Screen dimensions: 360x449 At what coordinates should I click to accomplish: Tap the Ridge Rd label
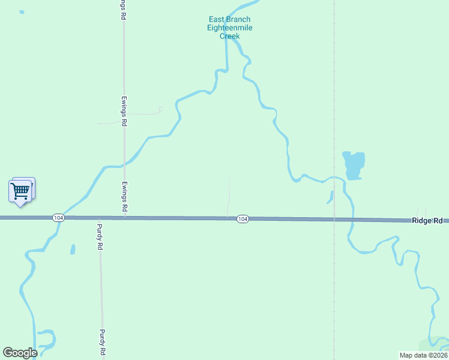click(427, 221)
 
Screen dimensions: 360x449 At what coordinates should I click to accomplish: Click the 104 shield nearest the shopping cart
click(58, 218)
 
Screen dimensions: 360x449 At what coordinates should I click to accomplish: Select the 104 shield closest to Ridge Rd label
click(242, 220)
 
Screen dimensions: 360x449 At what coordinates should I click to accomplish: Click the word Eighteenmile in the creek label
click(229, 28)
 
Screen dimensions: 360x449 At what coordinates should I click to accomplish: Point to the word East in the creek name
click(217, 19)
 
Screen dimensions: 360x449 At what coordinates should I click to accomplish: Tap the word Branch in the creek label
click(238, 19)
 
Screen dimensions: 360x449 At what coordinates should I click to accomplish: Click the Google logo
click(20, 353)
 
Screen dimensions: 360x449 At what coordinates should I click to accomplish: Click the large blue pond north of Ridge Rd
click(354, 164)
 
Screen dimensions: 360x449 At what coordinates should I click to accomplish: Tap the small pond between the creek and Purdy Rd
click(73, 248)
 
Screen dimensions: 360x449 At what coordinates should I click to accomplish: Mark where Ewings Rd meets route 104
click(125, 217)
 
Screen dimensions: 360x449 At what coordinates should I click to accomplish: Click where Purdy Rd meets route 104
click(99, 218)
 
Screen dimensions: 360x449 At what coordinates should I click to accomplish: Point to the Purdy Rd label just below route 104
click(101, 237)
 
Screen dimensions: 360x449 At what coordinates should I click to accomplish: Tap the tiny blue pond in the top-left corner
click(22, 11)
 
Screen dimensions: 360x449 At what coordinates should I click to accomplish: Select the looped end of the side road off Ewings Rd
click(160, 110)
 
